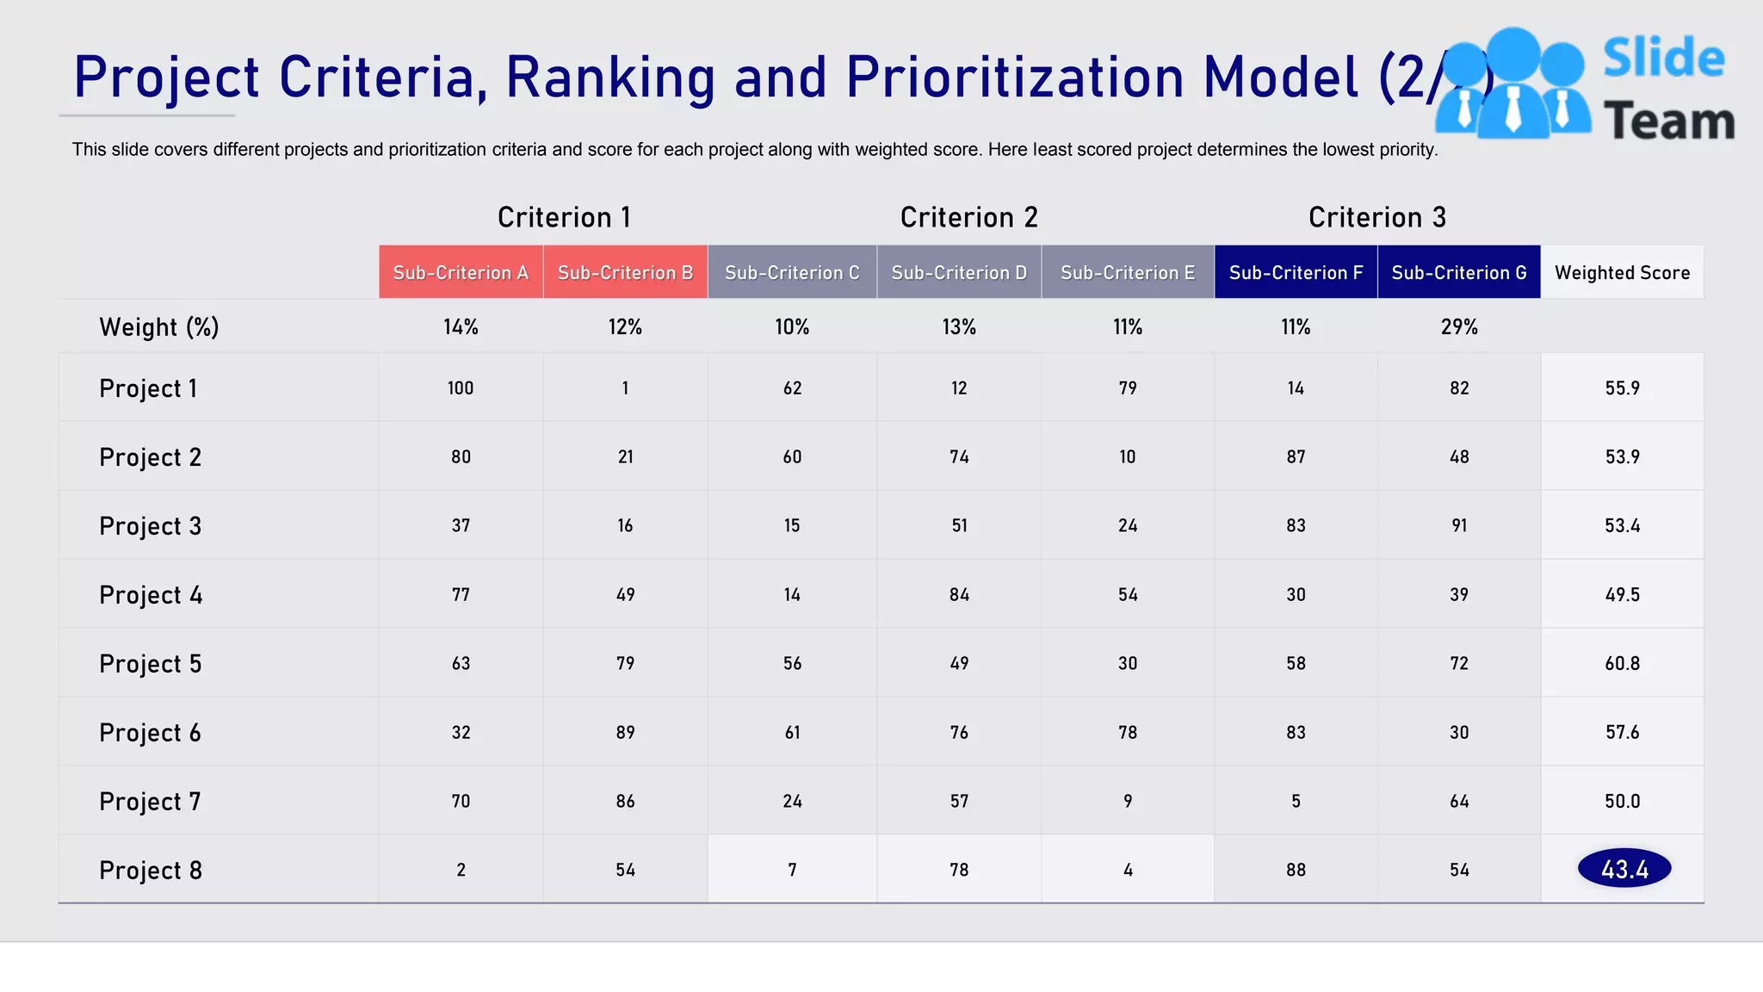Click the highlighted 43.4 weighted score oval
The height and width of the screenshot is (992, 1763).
click(1624, 869)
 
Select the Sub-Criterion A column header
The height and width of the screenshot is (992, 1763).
click(461, 273)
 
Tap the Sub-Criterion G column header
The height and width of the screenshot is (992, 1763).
click(1458, 273)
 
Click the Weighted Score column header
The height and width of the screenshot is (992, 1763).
click(1622, 273)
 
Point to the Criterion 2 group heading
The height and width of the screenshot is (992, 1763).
click(968, 217)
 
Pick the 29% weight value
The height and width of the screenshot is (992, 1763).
click(1458, 327)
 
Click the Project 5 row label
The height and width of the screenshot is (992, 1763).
click(150, 664)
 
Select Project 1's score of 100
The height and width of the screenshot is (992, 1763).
click(461, 388)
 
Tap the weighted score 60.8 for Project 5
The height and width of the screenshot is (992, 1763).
click(1622, 664)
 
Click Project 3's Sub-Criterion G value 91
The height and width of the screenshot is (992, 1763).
click(1458, 526)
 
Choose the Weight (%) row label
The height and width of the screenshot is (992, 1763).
click(159, 327)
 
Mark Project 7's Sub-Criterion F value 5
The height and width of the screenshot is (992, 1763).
click(1296, 802)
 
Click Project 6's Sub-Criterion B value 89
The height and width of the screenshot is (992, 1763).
click(625, 733)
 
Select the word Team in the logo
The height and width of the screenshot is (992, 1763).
click(1668, 121)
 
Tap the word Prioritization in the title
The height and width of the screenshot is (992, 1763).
click(1016, 77)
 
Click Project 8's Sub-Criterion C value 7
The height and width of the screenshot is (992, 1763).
click(792, 871)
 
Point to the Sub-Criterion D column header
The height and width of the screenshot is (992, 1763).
click(959, 273)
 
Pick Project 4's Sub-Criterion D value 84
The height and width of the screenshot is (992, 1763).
click(959, 595)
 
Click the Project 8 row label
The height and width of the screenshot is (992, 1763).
click(150, 871)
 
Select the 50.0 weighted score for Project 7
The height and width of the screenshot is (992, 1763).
click(1622, 802)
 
